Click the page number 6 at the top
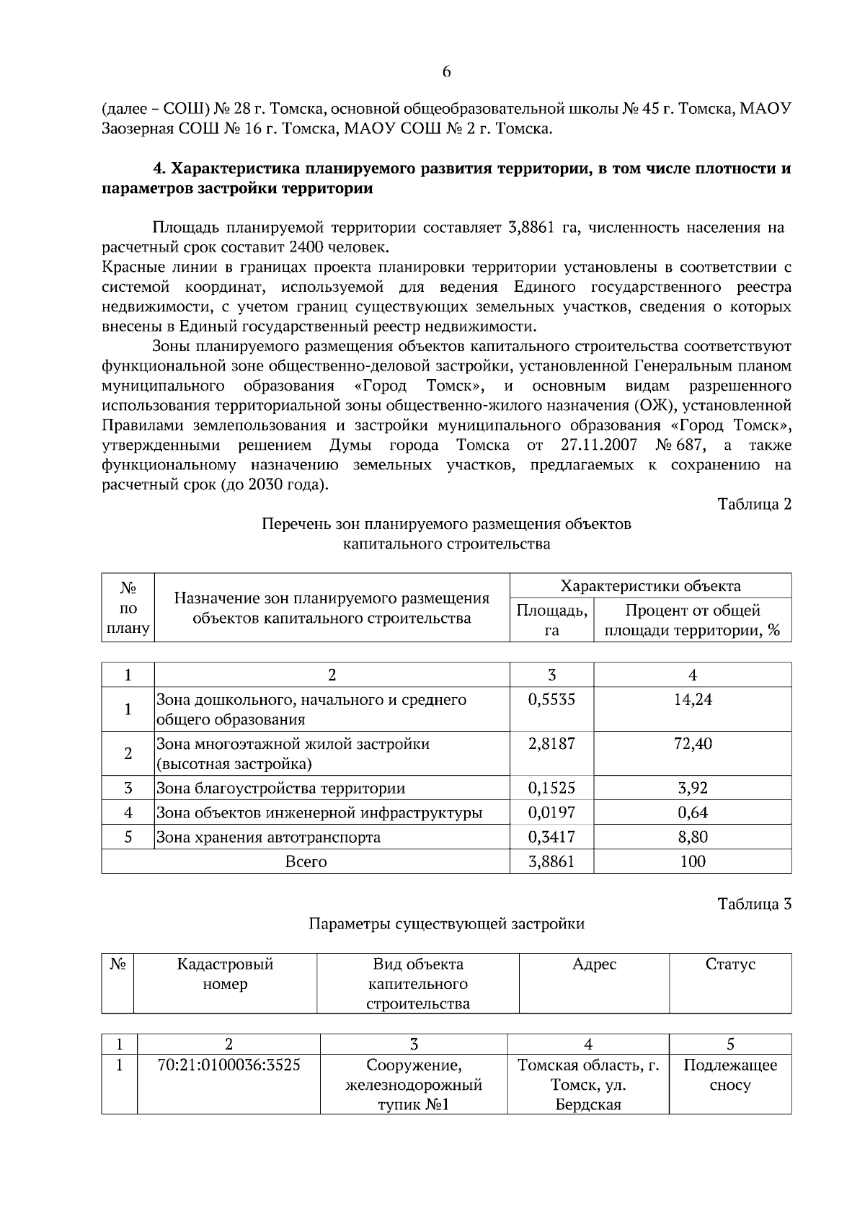coord(446,71)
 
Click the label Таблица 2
coord(754,505)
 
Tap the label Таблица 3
coord(754,904)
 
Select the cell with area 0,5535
coord(551,699)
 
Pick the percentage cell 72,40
coord(692,744)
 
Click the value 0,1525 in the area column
coord(551,788)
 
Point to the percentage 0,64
coord(692,813)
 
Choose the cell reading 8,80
coord(692,838)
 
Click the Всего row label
coord(306,862)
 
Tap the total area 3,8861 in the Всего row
coord(551,862)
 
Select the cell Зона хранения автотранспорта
coord(268,838)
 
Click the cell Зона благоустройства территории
coord(280,789)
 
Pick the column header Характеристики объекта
coord(650,586)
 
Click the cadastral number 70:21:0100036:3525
coord(229,1065)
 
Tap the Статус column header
coord(729,964)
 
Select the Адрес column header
coord(594,964)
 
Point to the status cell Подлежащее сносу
coord(729,1076)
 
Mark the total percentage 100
coord(692,862)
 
